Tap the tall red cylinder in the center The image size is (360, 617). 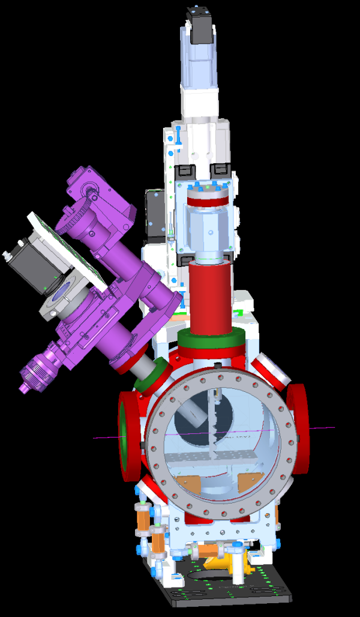click(x=210, y=297)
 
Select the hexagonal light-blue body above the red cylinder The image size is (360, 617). click(x=208, y=231)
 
